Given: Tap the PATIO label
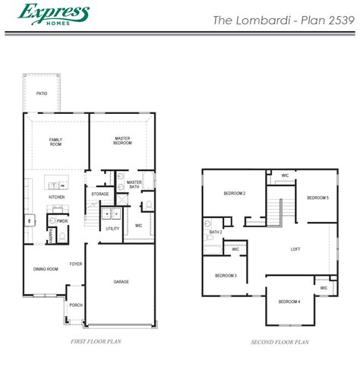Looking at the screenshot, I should tap(42, 93).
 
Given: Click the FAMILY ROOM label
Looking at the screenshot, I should tap(55, 142).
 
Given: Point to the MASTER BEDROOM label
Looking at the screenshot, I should tap(124, 141).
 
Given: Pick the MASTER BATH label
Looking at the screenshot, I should tap(134, 184).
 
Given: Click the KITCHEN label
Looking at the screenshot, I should tap(57, 198).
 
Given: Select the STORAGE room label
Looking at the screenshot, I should tap(100, 195).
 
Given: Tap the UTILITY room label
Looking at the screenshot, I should tap(112, 228).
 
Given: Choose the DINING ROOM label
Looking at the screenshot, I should tap(46, 269).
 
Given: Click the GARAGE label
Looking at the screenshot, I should tap(122, 282).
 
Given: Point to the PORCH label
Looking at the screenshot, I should tap(76, 305).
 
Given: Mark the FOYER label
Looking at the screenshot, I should tap(76, 264).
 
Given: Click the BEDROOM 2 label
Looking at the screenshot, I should tap(234, 194).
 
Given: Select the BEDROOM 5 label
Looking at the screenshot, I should tap(317, 198).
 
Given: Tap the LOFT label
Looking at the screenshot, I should tap(295, 249).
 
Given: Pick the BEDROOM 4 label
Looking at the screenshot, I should tap(289, 302).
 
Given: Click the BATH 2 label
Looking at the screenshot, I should tap(216, 233).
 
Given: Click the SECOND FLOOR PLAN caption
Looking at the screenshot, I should tap(280, 343).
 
